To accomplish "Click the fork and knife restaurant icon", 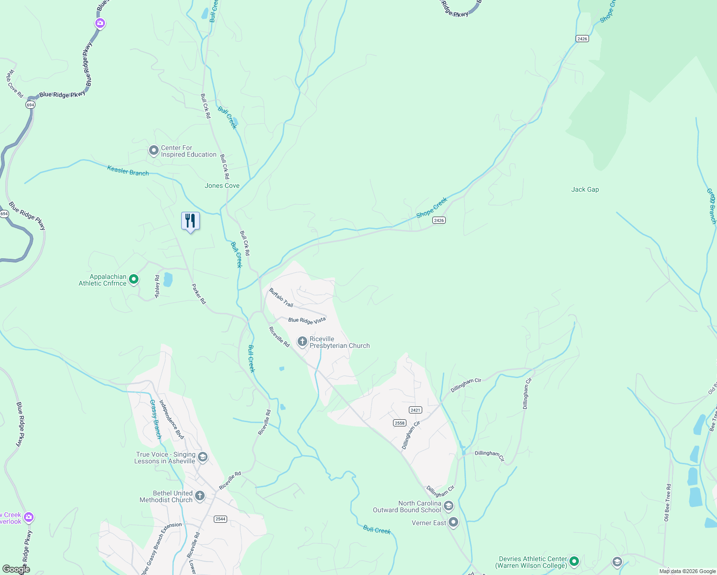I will pyautogui.click(x=190, y=221).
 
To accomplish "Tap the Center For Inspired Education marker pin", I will pyautogui.click(x=153, y=151).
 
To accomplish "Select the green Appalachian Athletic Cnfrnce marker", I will pyautogui.click(x=134, y=279).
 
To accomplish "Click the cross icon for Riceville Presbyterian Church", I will pyautogui.click(x=302, y=342).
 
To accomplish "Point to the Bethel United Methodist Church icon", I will pyautogui.click(x=200, y=496).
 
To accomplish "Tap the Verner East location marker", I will pyautogui.click(x=453, y=522).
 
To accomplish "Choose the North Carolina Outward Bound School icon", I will pyautogui.click(x=449, y=506).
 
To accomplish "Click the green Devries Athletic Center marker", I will pyautogui.click(x=574, y=561).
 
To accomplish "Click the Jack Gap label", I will pyautogui.click(x=585, y=189).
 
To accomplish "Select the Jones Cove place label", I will pyautogui.click(x=222, y=185).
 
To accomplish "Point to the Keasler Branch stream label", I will pyautogui.click(x=128, y=170).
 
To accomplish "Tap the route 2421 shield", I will pyautogui.click(x=415, y=410).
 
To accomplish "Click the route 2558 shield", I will pyautogui.click(x=399, y=423).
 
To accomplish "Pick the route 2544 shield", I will pyautogui.click(x=220, y=519).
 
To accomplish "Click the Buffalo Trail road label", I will pyautogui.click(x=281, y=298).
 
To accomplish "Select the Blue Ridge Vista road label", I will pyautogui.click(x=307, y=320).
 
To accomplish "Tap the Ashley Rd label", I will pyautogui.click(x=157, y=287).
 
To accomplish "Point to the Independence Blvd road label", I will pyautogui.click(x=171, y=419).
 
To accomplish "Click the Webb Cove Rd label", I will pyautogui.click(x=14, y=84).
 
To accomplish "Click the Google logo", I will pyautogui.click(x=16, y=569).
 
